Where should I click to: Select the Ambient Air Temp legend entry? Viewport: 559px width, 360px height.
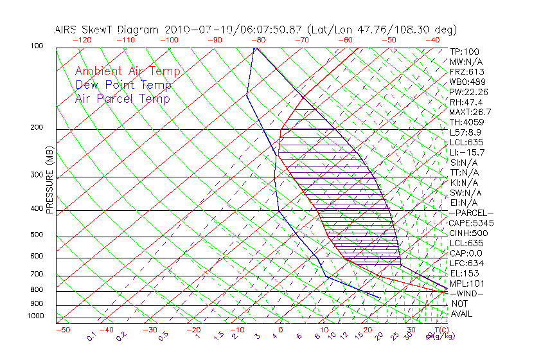pyautogui.click(x=127, y=71)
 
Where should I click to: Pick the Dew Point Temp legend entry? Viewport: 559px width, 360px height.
pyautogui.click(x=123, y=85)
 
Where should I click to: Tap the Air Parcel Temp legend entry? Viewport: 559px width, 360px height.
pyautogui.click(x=122, y=98)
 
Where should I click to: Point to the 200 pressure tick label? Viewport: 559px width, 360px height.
pyautogui.click(x=37, y=127)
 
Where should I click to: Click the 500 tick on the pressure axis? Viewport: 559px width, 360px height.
pyautogui.click(x=37, y=235)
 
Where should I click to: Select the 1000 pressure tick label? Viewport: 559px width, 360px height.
pyautogui.click(x=35, y=316)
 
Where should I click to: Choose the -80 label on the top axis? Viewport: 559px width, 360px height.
pyautogui.click(x=258, y=40)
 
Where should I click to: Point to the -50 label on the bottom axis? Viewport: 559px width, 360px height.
pyautogui.click(x=62, y=330)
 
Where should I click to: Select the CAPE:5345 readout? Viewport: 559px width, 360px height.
pyautogui.click(x=471, y=223)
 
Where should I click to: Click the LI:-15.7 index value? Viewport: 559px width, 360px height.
pyautogui.click(x=467, y=152)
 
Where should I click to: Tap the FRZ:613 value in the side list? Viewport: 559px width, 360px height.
pyautogui.click(x=466, y=71)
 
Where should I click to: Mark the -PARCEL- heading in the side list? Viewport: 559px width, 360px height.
pyautogui.click(x=471, y=213)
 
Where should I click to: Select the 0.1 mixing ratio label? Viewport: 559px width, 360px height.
pyautogui.click(x=91, y=337)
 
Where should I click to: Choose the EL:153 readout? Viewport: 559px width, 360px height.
pyautogui.click(x=463, y=273)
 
